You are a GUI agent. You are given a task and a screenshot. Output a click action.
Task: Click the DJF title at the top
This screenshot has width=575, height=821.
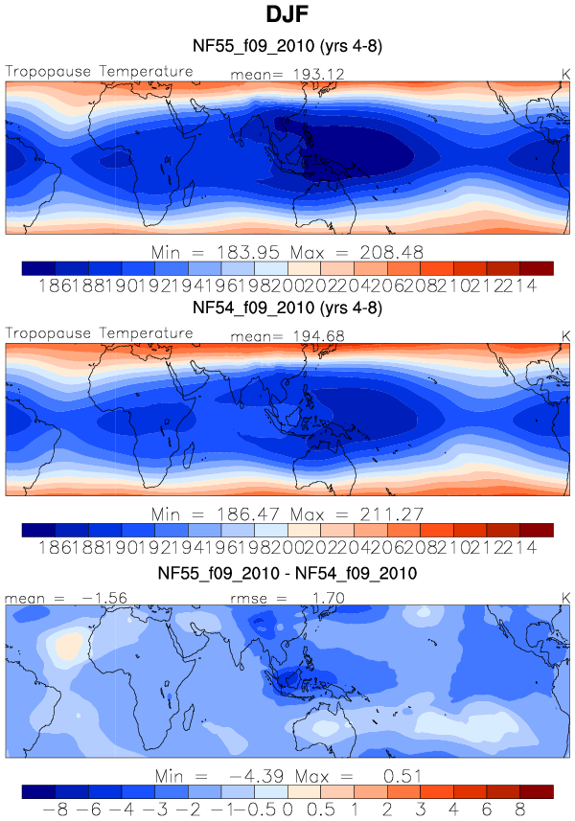[x=287, y=16]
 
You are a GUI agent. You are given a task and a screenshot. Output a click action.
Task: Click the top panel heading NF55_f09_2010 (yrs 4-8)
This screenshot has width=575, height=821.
[x=287, y=46]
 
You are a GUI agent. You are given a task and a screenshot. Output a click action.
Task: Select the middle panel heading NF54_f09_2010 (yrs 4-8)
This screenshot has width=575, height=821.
[x=287, y=308]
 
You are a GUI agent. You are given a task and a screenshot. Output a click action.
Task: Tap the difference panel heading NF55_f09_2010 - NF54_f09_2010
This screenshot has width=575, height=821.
[x=287, y=574]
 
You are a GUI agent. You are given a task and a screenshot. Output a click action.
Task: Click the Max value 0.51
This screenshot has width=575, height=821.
[x=399, y=776]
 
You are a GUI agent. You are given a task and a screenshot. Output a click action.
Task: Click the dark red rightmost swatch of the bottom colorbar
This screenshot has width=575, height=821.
[x=537, y=791]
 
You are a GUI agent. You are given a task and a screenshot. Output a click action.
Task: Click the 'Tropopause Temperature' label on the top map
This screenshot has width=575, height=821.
[x=100, y=72]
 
